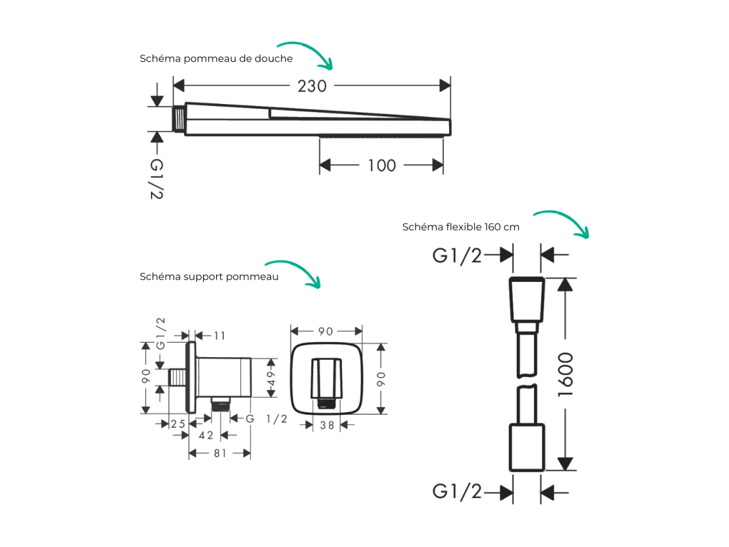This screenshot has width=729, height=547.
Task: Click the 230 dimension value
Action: tap(312, 86)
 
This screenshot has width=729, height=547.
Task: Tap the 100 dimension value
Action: tap(381, 165)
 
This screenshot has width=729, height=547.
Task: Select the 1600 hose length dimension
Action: tap(566, 375)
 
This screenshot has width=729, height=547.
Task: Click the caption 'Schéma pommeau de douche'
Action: tap(216, 59)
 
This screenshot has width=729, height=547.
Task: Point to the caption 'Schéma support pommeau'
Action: tap(209, 277)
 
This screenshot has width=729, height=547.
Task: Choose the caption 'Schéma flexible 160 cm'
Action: tap(461, 227)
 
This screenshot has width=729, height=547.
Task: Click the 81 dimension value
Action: tap(220, 453)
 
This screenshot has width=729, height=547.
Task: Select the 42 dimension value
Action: tap(205, 435)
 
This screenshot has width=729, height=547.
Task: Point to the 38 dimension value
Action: tap(327, 425)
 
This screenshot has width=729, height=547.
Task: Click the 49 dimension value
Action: tap(271, 378)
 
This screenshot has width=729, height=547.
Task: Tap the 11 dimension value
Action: tap(219, 336)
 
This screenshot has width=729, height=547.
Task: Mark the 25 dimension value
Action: tap(178, 424)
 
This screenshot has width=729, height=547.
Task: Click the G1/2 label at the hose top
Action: tap(457, 256)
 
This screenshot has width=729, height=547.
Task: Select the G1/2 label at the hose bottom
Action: tap(457, 492)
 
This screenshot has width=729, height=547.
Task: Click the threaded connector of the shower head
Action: tap(179, 119)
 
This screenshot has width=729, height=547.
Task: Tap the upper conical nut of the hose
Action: tap(527, 300)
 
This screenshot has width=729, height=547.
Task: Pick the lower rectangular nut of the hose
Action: tap(527, 447)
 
